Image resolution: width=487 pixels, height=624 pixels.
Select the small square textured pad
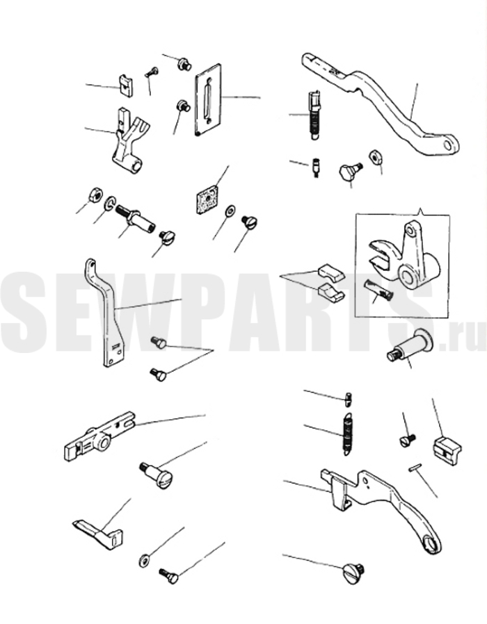(x=209, y=199)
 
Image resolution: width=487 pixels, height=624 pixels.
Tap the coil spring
(x=348, y=433)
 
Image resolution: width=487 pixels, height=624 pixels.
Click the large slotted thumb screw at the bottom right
(x=353, y=573)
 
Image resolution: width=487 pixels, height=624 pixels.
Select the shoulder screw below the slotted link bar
(x=154, y=474)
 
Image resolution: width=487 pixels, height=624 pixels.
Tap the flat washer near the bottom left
(x=145, y=560)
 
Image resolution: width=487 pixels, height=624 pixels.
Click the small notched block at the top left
(x=127, y=85)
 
